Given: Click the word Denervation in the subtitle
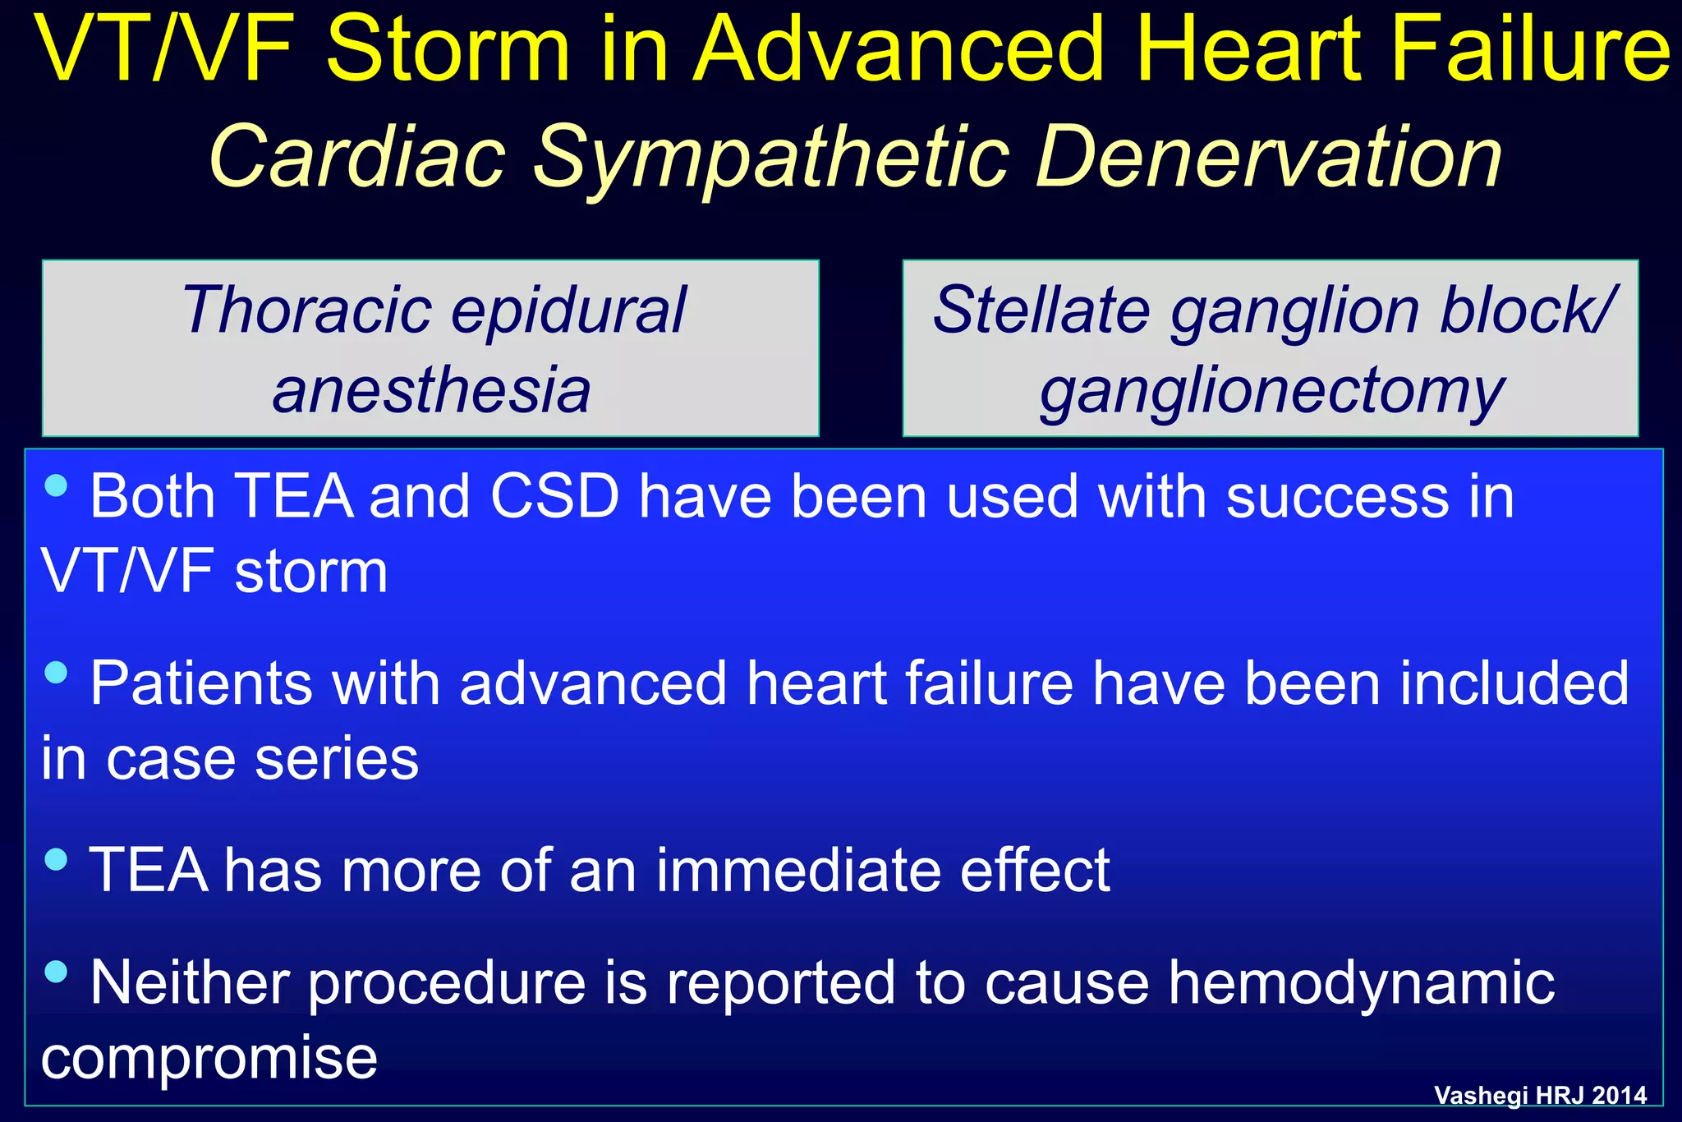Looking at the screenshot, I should coord(1268,156).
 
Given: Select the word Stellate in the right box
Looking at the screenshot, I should coord(1041,310).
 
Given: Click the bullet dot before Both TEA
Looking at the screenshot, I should coord(56,485).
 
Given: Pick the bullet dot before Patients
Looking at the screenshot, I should coord(56,673).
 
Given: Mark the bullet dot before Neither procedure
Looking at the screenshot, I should coord(56,973).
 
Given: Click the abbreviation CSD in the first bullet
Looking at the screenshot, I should coord(554,497).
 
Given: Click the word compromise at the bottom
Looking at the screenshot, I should coord(209,1058).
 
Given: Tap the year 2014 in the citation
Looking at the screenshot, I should coord(1618,1095).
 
